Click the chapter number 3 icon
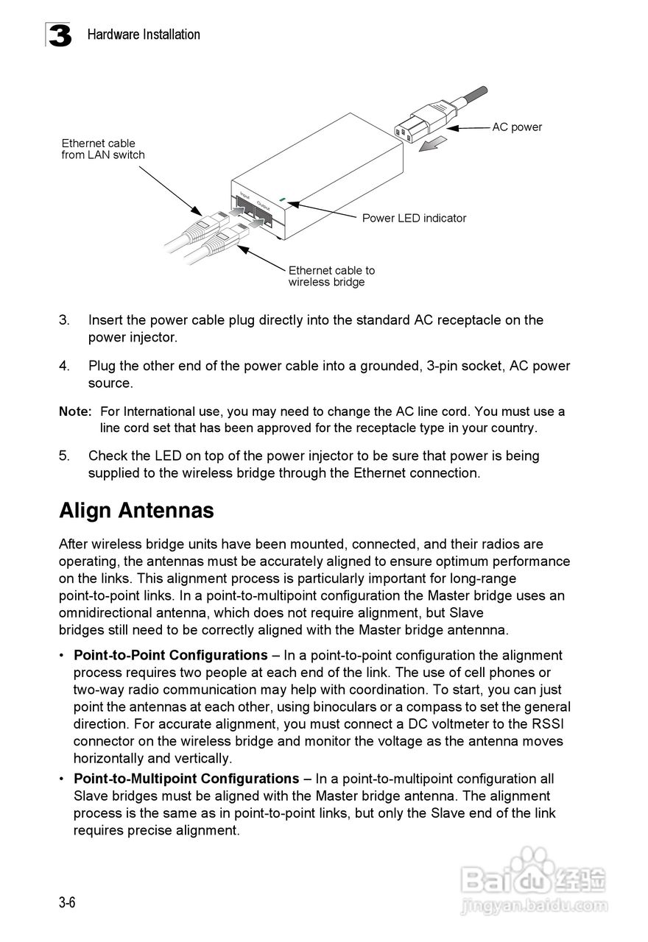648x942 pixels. pos(60,35)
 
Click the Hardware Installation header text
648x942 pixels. pos(144,35)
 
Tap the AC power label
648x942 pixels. pos(517,127)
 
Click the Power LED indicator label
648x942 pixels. pos(414,218)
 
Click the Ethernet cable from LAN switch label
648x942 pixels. pos(103,149)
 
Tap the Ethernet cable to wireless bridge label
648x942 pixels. pos(331,276)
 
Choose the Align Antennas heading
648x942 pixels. pos(136,511)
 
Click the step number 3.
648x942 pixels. pos(64,320)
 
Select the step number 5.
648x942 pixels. pos(64,456)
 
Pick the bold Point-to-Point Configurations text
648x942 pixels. pos(170,655)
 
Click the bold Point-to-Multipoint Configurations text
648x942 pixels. pos(186,779)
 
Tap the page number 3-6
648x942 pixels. pos(68,903)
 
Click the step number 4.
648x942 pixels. pos(64,366)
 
